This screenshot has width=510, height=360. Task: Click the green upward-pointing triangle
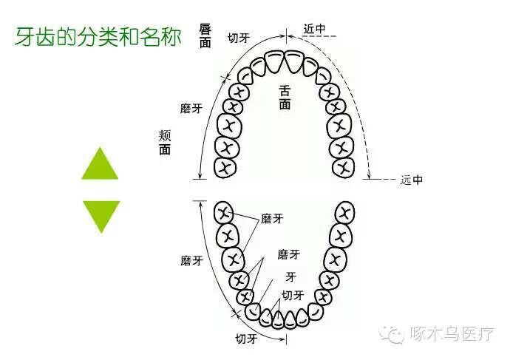pyautogui.click(x=100, y=165)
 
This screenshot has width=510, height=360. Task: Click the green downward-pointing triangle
pyautogui.click(x=100, y=214)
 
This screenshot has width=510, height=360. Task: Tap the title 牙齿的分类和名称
pyautogui.click(x=98, y=38)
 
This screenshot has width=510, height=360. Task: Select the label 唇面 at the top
pyautogui.click(x=205, y=35)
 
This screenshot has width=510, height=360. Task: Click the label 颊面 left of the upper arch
pyautogui.click(x=165, y=142)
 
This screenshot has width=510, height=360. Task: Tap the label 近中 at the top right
pyautogui.click(x=314, y=29)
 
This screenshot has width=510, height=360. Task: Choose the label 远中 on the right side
pyautogui.click(x=411, y=180)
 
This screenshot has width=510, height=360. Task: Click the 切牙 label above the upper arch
pyautogui.click(x=238, y=38)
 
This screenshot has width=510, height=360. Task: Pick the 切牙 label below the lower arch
pyautogui.click(x=247, y=339)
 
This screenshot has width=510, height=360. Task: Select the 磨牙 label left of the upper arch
pyautogui.click(x=191, y=108)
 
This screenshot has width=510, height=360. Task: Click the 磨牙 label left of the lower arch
pyautogui.click(x=191, y=260)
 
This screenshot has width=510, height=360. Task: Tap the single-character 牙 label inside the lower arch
pyautogui.click(x=291, y=276)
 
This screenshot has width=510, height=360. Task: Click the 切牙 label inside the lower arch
pyautogui.click(x=293, y=295)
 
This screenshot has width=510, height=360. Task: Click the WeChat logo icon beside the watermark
pyautogui.click(x=392, y=334)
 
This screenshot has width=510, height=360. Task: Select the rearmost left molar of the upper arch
pyautogui.click(x=225, y=166)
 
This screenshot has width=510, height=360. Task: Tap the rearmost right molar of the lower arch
pyautogui.click(x=341, y=214)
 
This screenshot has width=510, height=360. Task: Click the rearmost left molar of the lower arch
pyautogui.click(x=224, y=214)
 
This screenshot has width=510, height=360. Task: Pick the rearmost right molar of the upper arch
pyautogui.click(x=343, y=166)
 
